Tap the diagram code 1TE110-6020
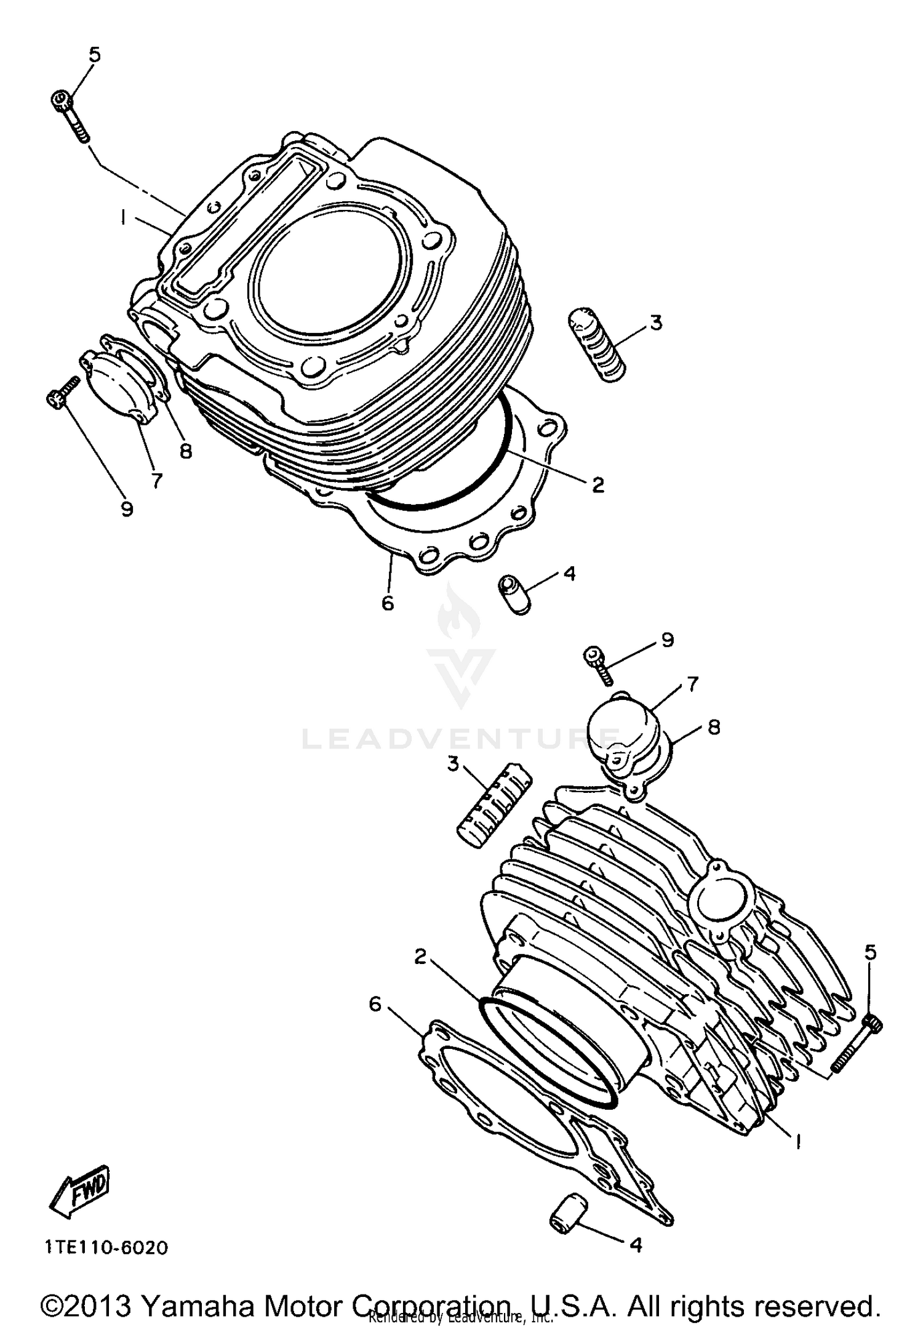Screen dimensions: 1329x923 pyautogui.click(x=106, y=1248)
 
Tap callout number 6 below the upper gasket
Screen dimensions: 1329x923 pyautogui.click(x=387, y=603)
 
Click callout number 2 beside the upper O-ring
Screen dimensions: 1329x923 pyautogui.click(x=597, y=484)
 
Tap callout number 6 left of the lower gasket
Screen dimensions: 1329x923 pyautogui.click(x=375, y=1004)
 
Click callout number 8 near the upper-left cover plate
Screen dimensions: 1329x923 pyautogui.click(x=185, y=451)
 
